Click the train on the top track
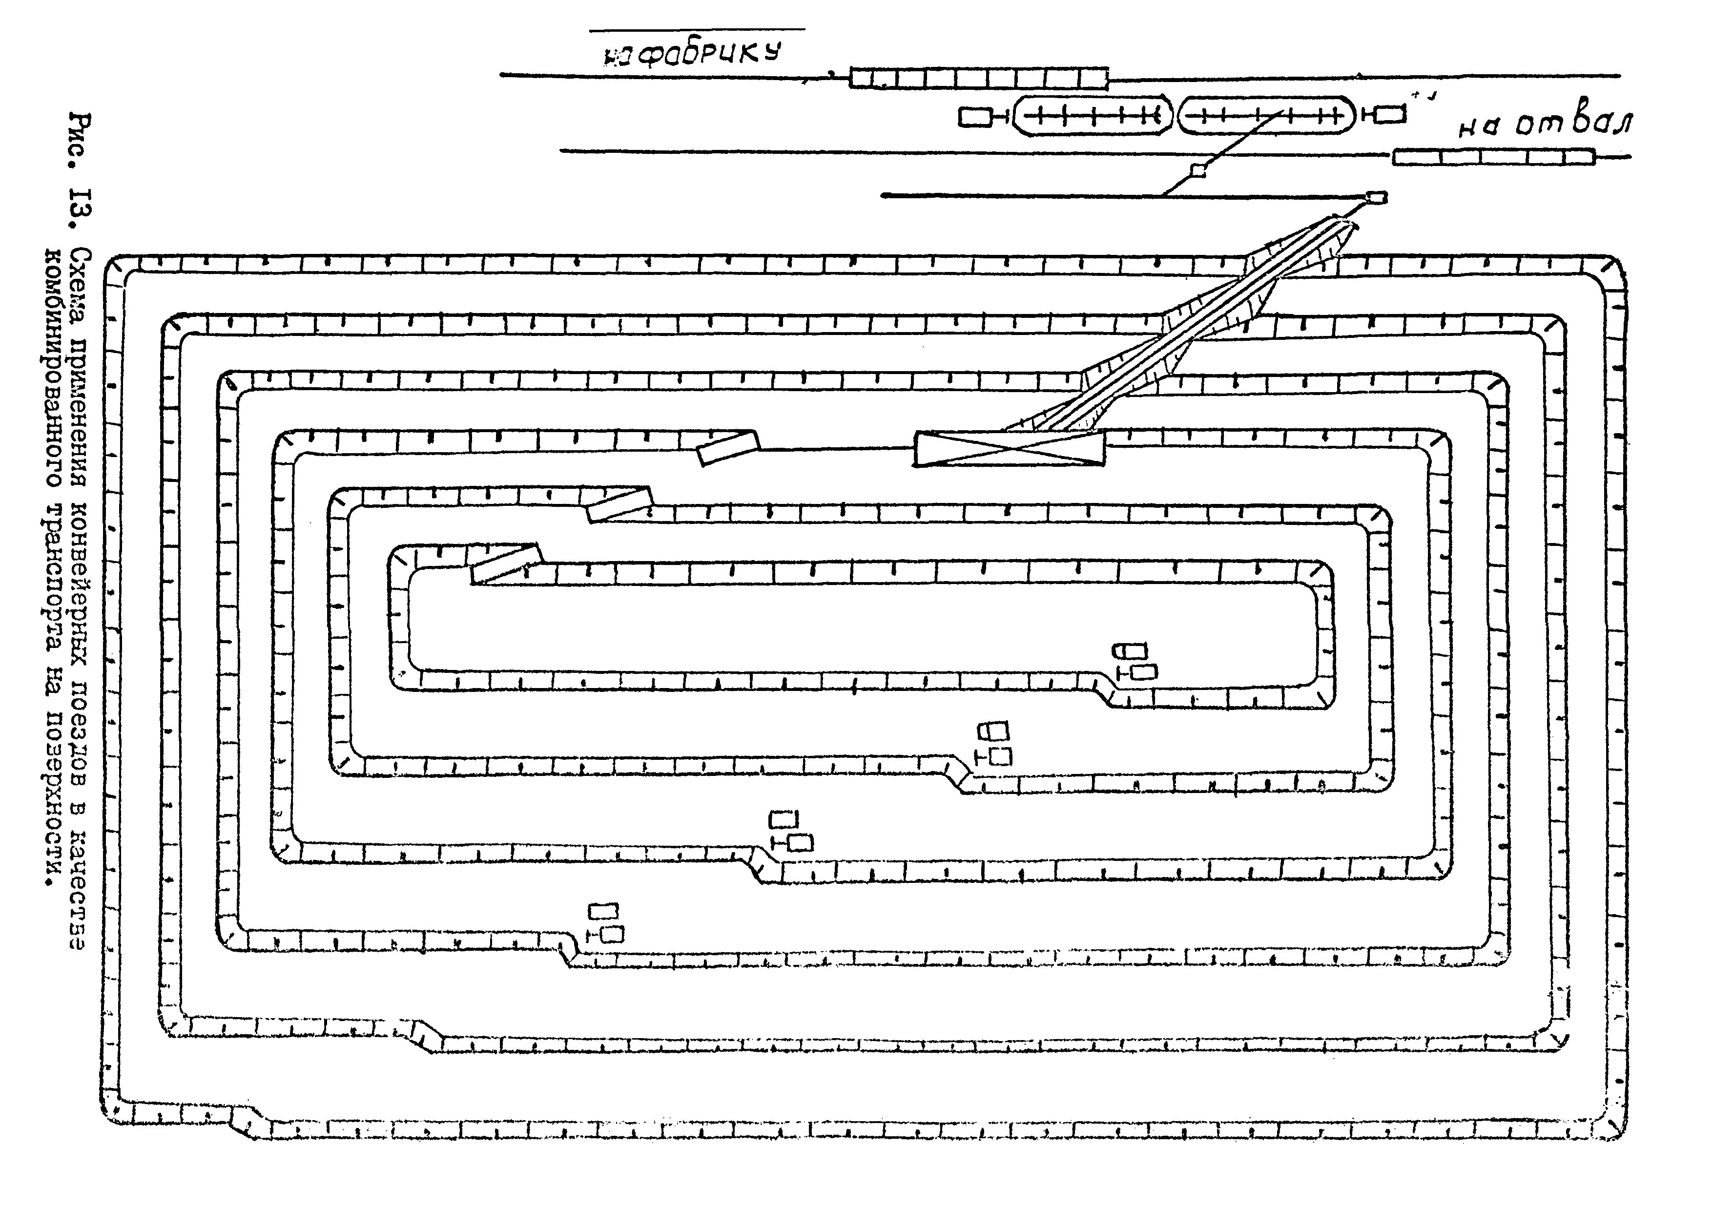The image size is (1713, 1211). tap(979, 78)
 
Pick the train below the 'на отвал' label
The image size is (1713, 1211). tap(1494, 157)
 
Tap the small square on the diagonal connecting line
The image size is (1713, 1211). tap(1198, 170)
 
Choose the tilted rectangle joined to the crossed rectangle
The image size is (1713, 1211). tap(727, 448)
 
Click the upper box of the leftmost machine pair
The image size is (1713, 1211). tap(603, 911)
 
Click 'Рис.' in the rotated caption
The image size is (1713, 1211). tap(78, 142)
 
